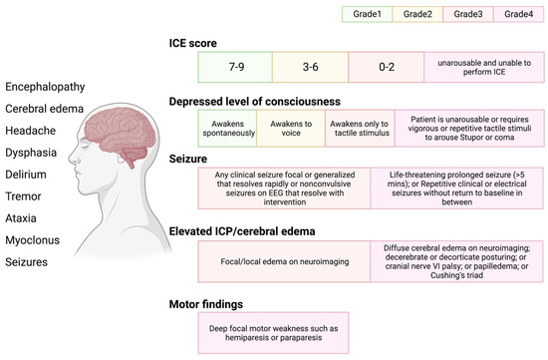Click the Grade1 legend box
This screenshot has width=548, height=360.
(x=366, y=15)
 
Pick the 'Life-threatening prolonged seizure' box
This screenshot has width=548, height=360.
(x=454, y=189)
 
